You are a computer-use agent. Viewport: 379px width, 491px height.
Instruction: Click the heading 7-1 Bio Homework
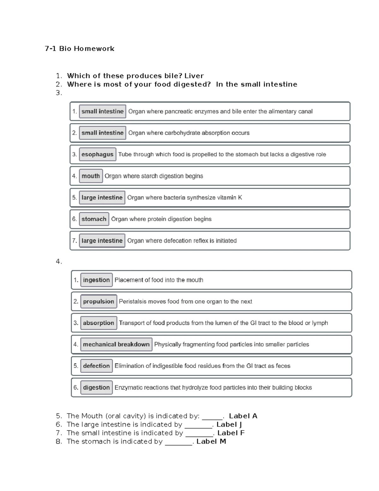pyautogui.click(x=80, y=49)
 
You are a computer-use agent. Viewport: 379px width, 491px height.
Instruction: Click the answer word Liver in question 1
pyautogui.click(x=194, y=76)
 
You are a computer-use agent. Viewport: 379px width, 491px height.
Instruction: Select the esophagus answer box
pyautogui.click(x=97, y=155)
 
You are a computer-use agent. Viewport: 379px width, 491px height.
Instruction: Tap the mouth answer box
pyautogui.click(x=91, y=176)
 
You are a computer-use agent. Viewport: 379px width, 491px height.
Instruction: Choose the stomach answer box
pyautogui.click(x=94, y=219)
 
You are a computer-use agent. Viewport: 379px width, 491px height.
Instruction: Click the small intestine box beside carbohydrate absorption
pyautogui.click(x=102, y=133)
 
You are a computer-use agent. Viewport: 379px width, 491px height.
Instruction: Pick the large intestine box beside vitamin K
pyautogui.click(x=102, y=198)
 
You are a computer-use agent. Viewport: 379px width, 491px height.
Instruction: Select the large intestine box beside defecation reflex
pyautogui.click(x=102, y=241)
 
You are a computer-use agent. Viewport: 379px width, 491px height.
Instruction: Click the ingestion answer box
pyautogui.click(x=96, y=280)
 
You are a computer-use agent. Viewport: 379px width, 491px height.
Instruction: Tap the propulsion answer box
pyautogui.click(x=99, y=302)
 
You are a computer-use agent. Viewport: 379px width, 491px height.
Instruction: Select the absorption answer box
pyautogui.click(x=99, y=323)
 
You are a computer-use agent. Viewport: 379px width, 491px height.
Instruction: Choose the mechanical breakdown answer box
pyautogui.click(x=116, y=345)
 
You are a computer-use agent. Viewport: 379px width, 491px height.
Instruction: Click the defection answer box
pyautogui.click(x=96, y=366)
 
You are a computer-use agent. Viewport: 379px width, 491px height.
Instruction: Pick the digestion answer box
pyautogui.click(x=96, y=388)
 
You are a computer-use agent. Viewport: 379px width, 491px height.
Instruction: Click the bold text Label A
pyautogui.click(x=243, y=416)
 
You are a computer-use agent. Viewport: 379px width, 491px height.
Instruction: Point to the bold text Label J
pyautogui.click(x=229, y=425)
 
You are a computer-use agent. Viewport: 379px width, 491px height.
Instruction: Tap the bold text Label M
pyautogui.click(x=211, y=442)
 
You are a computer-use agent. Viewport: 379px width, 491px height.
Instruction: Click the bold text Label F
pyautogui.click(x=231, y=433)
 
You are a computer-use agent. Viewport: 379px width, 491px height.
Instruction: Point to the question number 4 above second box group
pyautogui.click(x=58, y=261)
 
